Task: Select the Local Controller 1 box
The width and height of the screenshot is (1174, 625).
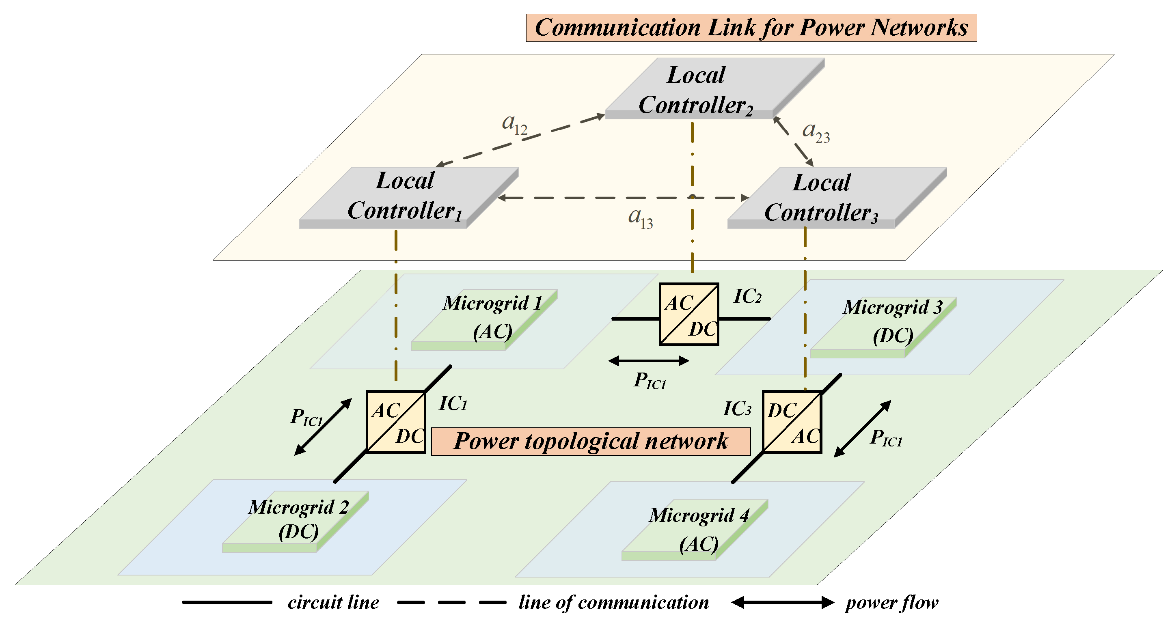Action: (406, 196)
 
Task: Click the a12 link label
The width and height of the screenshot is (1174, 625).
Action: (514, 123)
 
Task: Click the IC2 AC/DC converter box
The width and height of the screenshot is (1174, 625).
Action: (688, 314)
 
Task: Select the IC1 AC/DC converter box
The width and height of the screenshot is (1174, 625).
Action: (395, 421)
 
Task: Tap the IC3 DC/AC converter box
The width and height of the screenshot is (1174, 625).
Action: (792, 421)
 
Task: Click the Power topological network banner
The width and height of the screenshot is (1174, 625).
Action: (591, 441)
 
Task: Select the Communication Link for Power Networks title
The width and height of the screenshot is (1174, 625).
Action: (751, 28)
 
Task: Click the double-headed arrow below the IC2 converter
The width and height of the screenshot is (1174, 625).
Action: (649, 361)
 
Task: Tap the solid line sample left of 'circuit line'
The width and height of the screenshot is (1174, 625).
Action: (227, 602)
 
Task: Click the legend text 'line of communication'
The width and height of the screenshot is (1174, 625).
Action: (613, 602)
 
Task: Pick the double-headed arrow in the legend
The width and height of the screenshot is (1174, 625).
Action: (783, 602)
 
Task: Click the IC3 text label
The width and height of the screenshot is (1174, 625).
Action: (736, 409)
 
